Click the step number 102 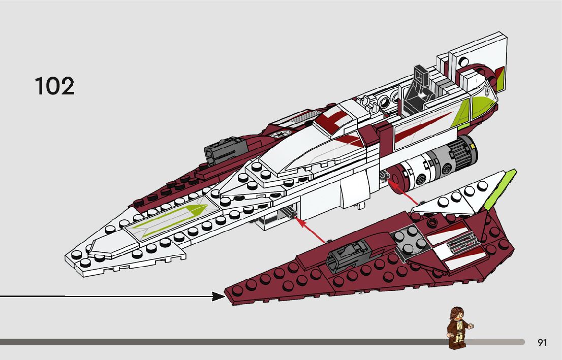tap(54, 86)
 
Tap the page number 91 tap(542, 343)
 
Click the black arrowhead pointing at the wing tap(219, 296)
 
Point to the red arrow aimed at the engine tap(404, 196)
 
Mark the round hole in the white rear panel tap(464, 60)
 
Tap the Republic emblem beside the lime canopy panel tap(486, 92)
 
